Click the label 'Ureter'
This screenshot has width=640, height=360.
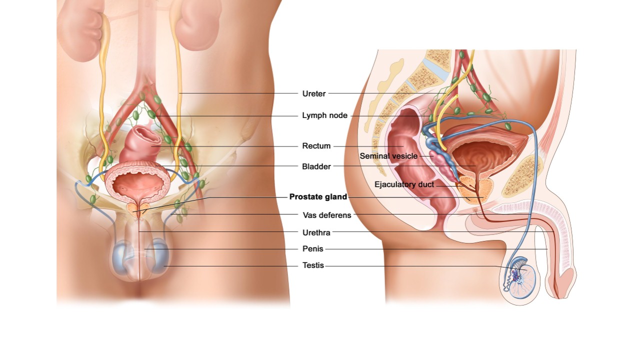[x=314, y=93]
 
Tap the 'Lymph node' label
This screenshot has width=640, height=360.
[x=324, y=115]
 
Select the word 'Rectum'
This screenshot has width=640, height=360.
[x=316, y=146]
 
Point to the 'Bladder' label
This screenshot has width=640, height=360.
[x=316, y=166]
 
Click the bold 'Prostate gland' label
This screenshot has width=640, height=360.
[x=318, y=197]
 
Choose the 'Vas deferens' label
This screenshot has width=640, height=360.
[x=327, y=215]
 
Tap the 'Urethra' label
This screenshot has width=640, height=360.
[x=316, y=232]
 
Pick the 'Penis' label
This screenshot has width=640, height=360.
[x=313, y=249]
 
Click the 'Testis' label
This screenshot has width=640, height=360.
[x=313, y=265]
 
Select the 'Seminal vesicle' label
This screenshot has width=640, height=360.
[x=388, y=156]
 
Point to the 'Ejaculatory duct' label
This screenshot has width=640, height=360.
[x=404, y=184]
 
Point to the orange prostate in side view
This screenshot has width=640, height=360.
[x=472, y=187]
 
